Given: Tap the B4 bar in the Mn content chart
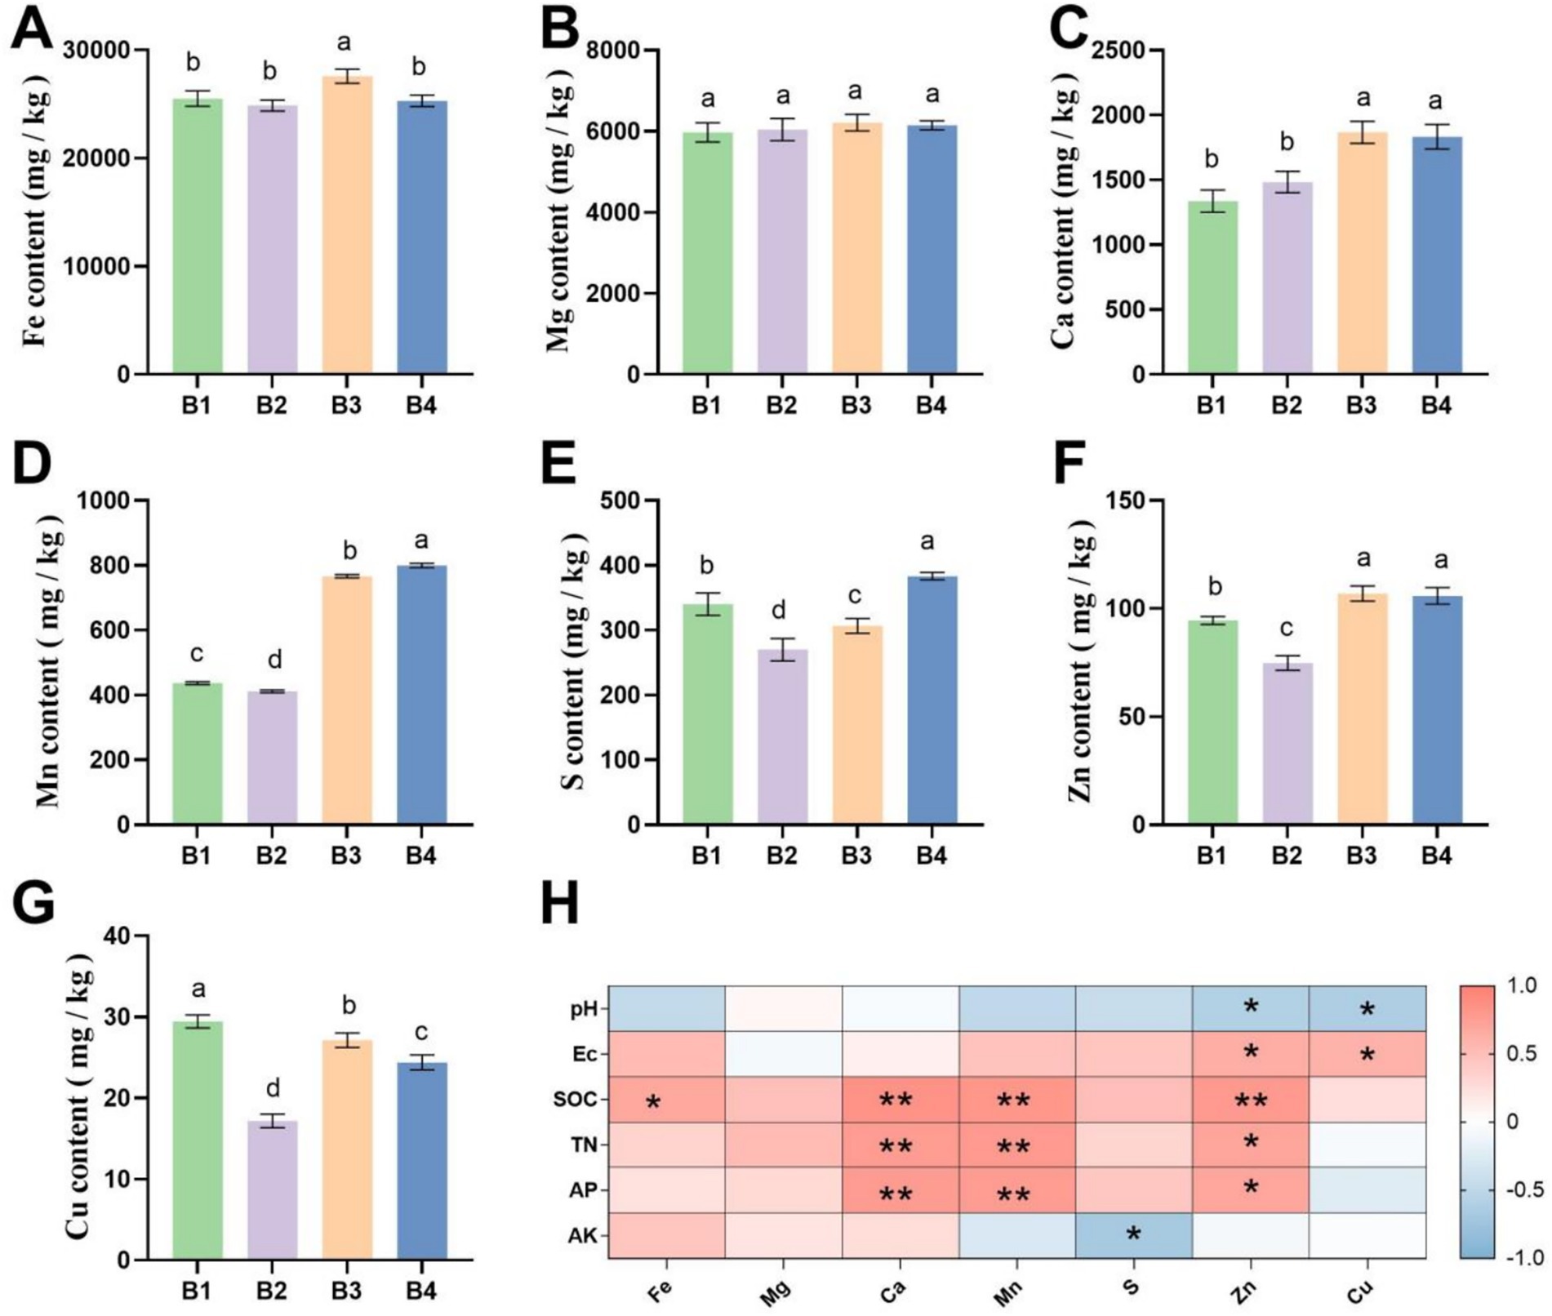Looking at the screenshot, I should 421,694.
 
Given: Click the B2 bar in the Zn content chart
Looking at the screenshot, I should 1287,743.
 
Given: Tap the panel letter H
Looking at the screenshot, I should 560,905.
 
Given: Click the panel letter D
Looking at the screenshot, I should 33,464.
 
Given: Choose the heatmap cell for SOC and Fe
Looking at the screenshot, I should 666,1100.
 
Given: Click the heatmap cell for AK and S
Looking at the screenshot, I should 1133,1235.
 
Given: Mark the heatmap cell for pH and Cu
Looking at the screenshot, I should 1367,1009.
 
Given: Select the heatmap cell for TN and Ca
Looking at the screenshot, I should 901,1145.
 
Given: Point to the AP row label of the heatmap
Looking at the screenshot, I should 584,1190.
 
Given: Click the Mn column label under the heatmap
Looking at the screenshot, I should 1010,1292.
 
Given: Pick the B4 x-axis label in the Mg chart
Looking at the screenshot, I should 931,405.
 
